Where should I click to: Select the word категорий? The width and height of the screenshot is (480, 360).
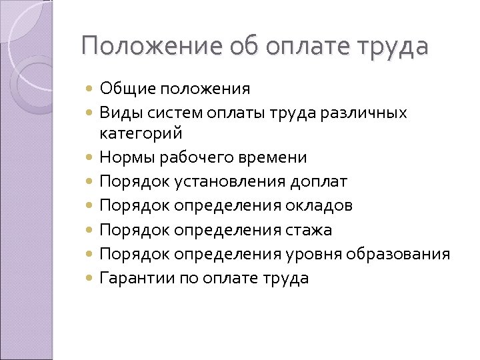(x=141, y=133)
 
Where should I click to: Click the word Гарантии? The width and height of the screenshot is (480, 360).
(x=137, y=278)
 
